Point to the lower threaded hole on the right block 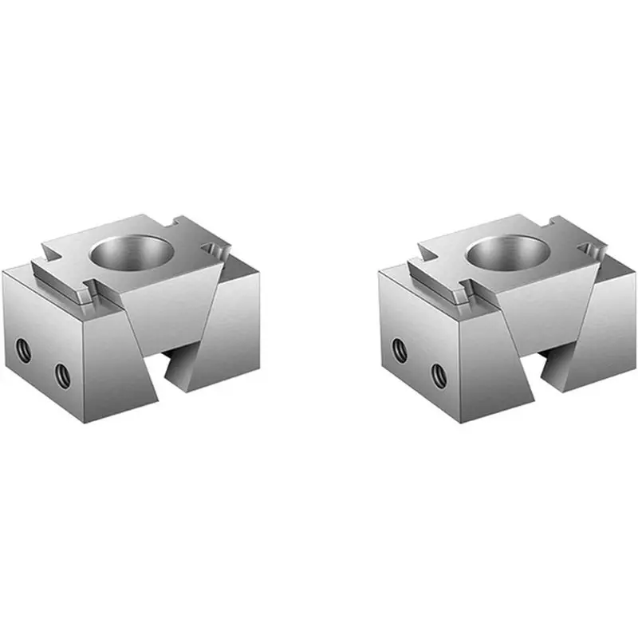437,372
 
